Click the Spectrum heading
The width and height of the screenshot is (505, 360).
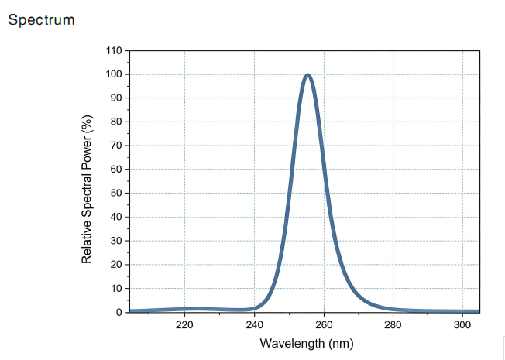(x=42, y=20)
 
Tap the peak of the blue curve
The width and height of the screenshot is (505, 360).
(x=308, y=75)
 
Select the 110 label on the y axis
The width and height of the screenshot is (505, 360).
(x=114, y=50)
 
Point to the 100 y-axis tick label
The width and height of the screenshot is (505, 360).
(x=114, y=74)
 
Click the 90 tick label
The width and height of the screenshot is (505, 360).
(x=116, y=98)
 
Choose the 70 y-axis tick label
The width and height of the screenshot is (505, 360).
(x=116, y=146)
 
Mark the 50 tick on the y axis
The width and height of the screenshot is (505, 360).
(x=116, y=194)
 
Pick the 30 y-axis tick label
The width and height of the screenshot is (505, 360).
(x=116, y=241)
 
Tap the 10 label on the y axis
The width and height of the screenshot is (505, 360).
(x=116, y=289)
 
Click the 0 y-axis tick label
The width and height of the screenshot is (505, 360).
(x=119, y=312)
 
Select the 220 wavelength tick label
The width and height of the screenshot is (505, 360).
(x=184, y=325)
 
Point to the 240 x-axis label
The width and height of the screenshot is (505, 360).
(x=254, y=325)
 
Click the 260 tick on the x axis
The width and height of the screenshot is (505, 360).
(x=324, y=325)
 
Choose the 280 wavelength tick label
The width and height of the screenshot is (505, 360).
(x=393, y=325)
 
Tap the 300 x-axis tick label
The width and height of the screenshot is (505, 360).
(x=462, y=325)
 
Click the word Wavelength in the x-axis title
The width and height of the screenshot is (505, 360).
(x=293, y=344)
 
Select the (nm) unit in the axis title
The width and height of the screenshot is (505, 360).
(x=341, y=344)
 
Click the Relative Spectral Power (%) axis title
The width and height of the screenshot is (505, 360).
(x=87, y=190)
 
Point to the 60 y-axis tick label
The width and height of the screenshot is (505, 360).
(x=116, y=170)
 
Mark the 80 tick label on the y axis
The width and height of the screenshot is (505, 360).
(x=116, y=122)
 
